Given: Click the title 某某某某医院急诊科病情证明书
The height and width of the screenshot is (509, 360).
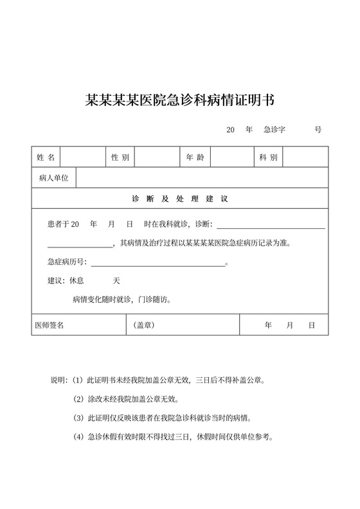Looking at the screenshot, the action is coord(180,100).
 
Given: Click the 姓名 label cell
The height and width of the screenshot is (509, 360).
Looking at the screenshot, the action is coord(46,157).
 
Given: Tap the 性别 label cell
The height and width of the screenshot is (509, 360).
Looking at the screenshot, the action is coord(120,157).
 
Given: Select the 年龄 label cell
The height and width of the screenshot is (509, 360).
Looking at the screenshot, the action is coord(194,157).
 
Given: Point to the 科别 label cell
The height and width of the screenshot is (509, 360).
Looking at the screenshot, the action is coord(268,157).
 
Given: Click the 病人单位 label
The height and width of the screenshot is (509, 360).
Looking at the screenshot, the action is coord(53,178).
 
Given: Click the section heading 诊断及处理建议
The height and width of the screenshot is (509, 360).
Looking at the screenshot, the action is coord(180,199).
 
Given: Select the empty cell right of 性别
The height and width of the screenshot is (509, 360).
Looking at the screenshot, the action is coord(156,157).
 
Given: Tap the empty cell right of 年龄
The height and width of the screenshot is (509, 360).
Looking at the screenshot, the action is coord(231,157).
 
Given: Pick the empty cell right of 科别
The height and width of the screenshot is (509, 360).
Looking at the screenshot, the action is coord(305,157).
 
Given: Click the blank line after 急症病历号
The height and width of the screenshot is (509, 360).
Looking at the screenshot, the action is coord(158,262).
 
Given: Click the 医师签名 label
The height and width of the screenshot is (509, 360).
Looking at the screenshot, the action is coord(50,325).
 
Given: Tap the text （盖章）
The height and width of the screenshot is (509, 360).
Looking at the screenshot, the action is coord(144,325).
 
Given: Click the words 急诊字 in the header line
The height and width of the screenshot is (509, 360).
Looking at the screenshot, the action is coord(274,130).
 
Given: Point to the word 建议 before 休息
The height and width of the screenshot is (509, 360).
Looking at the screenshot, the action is coord(57,281).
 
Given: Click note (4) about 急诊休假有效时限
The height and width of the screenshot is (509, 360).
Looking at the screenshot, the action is coord(174,438).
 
